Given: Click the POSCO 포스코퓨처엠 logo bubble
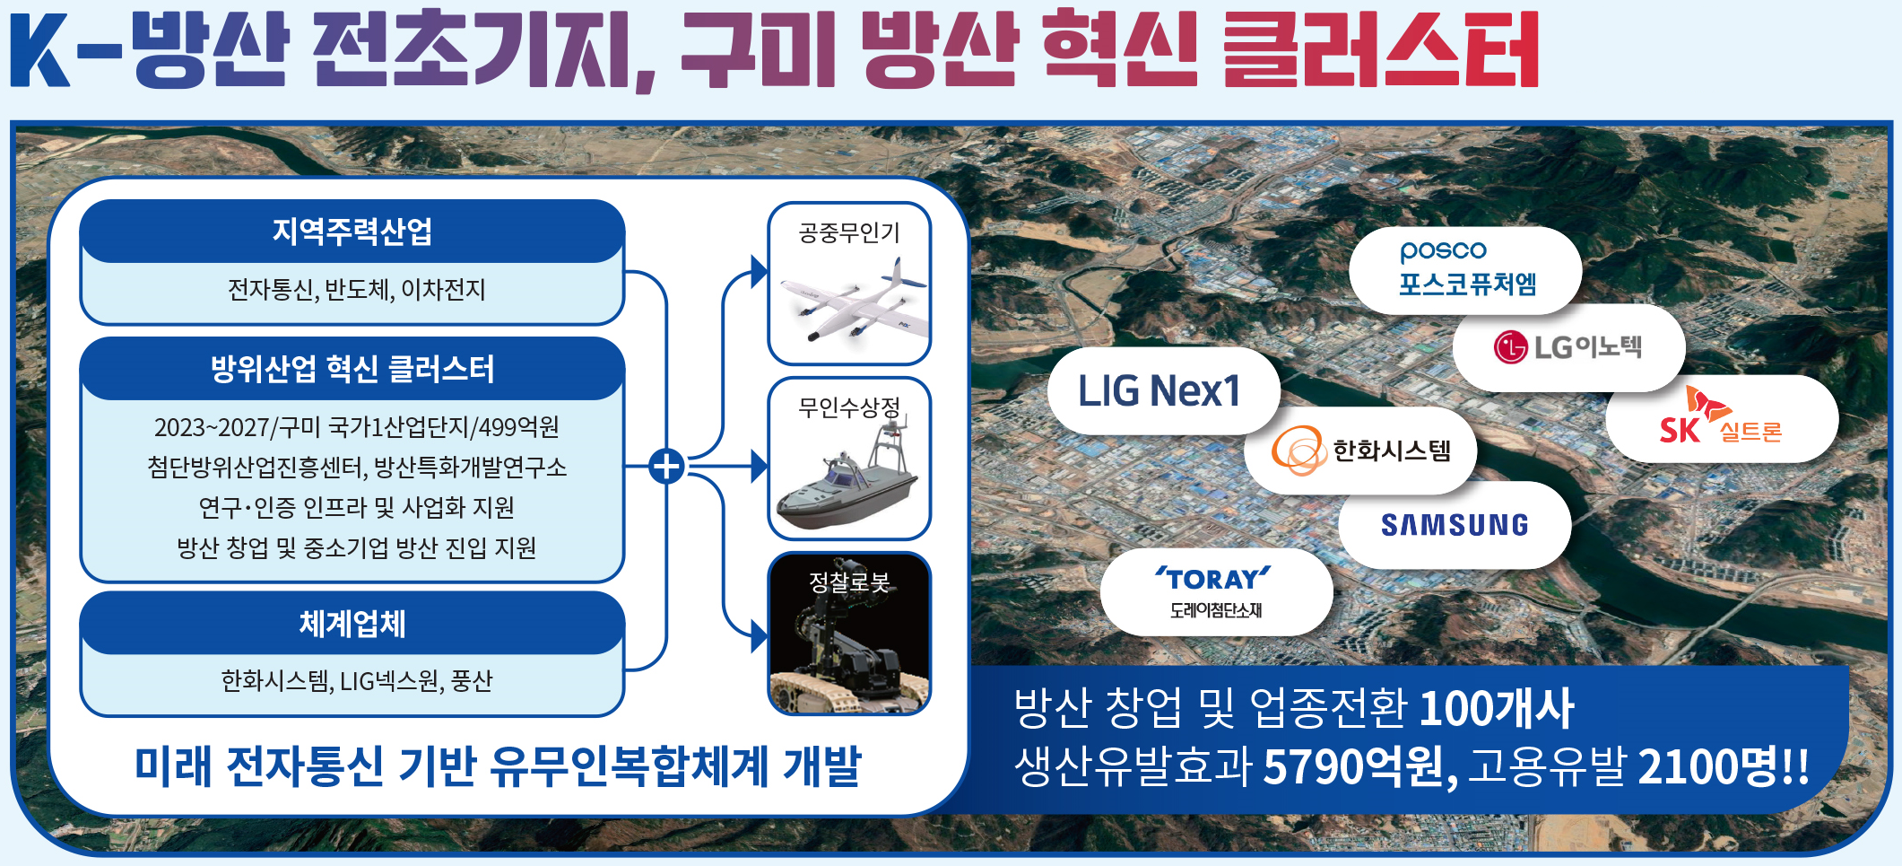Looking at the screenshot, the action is (1465, 270).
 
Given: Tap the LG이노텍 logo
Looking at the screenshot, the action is (1568, 347).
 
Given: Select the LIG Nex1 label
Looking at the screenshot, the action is (1159, 391).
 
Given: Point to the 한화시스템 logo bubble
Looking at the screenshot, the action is (1360, 450).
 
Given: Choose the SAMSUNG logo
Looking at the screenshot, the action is (1455, 525).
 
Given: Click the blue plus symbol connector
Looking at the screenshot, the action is (666, 467).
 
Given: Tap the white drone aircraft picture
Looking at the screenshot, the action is (850, 302).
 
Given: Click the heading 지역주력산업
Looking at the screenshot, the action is (352, 232).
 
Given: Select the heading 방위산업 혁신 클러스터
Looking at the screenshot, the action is (352, 369).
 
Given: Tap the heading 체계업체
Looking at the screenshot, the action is (352, 624).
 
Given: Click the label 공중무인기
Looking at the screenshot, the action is (849, 233).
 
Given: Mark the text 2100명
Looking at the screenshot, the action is (1708, 766).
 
